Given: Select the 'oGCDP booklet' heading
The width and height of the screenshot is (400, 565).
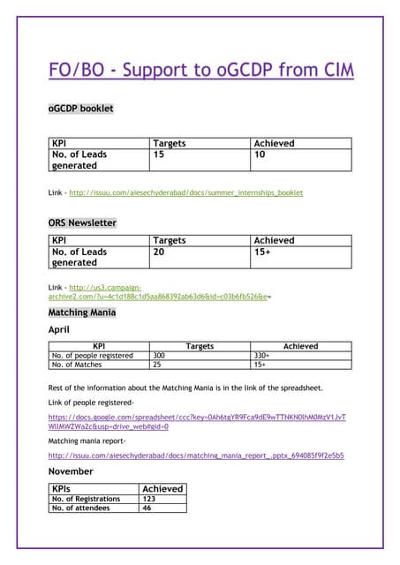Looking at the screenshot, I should (79, 109).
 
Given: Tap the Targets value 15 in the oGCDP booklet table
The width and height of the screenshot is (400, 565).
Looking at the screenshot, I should (159, 154).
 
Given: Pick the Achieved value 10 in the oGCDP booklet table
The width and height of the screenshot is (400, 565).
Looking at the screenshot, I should (260, 154).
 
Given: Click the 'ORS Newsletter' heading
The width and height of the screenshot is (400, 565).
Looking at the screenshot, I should (81, 222).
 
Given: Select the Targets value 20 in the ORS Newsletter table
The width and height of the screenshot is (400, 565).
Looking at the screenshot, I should (159, 252).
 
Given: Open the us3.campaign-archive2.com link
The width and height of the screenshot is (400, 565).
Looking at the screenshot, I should (159, 291).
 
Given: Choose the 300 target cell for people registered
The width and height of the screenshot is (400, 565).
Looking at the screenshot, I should (160, 355).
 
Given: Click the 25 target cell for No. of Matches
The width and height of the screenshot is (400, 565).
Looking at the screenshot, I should (158, 364).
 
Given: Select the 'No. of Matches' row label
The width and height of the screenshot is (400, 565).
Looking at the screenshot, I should (77, 364).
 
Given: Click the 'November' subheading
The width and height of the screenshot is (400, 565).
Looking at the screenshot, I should (70, 471).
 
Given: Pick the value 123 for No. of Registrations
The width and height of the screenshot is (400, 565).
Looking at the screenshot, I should (149, 499).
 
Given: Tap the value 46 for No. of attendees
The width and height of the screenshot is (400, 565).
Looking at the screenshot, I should (147, 508).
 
